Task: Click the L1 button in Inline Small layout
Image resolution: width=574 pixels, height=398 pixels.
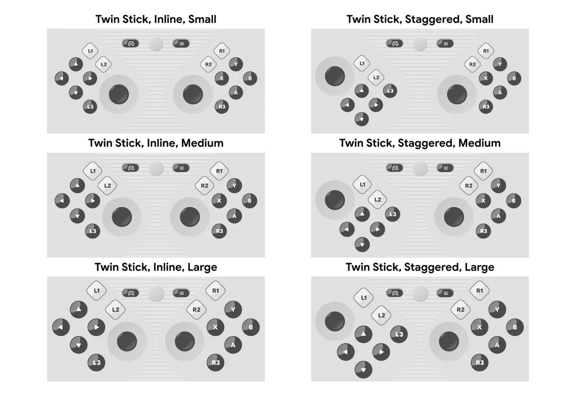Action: (x=90, y=51)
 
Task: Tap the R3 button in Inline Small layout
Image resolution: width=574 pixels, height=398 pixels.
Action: (x=222, y=107)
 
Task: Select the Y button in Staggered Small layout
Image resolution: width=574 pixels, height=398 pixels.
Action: (x=500, y=64)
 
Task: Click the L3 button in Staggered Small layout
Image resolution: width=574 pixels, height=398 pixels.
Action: (x=390, y=91)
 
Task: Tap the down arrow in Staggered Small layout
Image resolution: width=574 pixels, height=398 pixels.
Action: (x=362, y=119)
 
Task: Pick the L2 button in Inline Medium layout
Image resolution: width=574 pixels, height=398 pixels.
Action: (x=107, y=185)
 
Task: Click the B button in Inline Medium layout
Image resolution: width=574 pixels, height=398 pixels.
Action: (x=250, y=201)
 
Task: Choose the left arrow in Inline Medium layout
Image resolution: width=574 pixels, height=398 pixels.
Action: (x=62, y=201)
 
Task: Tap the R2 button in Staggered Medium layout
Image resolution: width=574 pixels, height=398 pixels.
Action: (x=469, y=185)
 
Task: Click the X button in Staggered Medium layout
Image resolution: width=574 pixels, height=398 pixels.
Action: (x=483, y=201)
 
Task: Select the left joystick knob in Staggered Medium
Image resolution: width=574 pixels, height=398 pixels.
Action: (x=335, y=200)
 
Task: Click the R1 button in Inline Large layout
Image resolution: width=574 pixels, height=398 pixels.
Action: (x=215, y=291)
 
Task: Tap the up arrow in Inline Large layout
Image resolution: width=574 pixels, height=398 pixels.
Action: (x=79, y=309)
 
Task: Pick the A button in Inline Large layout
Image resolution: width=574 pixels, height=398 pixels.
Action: (x=233, y=344)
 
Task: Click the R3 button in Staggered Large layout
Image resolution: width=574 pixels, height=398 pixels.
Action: (x=479, y=362)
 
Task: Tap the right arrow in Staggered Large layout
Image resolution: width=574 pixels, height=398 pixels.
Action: (x=381, y=352)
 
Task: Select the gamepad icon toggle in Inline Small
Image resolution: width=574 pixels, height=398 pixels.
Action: (x=131, y=44)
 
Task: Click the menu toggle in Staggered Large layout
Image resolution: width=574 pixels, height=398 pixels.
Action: (x=445, y=293)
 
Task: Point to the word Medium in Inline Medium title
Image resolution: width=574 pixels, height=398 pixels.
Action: (x=202, y=143)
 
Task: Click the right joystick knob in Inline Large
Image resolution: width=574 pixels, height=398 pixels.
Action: (x=185, y=341)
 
